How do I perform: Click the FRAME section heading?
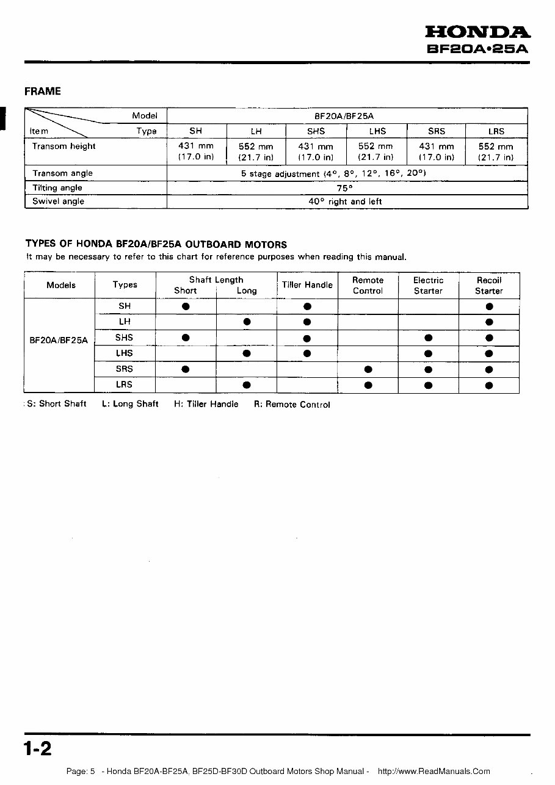(x=43, y=92)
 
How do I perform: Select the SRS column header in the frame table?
(x=436, y=131)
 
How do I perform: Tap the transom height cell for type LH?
(x=256, y=152)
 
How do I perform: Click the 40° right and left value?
(x=345, y=201)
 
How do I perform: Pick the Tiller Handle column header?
(x=307, y=285)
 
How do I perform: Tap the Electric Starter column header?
(x=428, y=285)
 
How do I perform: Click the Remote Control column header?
(x=368, y=285)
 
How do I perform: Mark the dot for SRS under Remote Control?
(x=368, y=369)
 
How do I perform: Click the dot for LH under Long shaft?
(x=247, y=322)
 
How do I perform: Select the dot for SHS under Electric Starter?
(x=428, y=338)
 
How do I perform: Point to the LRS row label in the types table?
(x=125, y=385)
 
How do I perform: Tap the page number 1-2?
(x=38, y=748)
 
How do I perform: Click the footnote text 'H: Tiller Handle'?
(x=206, y=404)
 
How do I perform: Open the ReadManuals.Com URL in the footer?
(x=433, y=772)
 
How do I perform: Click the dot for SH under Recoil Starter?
(x=489, y=306)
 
